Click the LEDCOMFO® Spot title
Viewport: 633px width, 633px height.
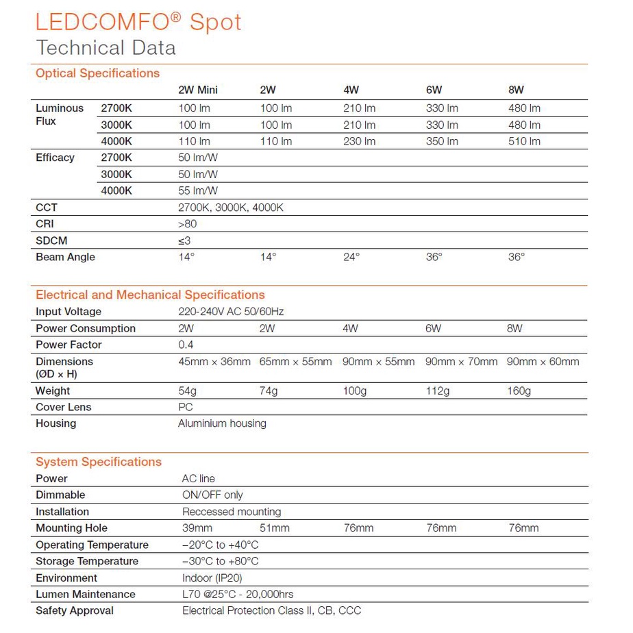tap(138, 22)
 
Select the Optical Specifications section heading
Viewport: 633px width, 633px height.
tap(97, 73)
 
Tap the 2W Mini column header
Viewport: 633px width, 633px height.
tap(198, 90)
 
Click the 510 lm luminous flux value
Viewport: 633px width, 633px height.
tap(524, 141)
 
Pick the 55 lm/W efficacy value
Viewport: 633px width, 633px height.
tap(198, 190)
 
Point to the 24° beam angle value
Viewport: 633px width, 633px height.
tap(351, 257)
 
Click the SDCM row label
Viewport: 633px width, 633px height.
tap(51, 240)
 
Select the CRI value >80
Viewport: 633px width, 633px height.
tap(187, 224)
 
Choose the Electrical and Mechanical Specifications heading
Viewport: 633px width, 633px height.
tap(150, 295)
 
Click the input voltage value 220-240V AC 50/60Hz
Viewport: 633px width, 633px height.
tap(231, 312)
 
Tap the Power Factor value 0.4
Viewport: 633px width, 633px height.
tap(186, 345)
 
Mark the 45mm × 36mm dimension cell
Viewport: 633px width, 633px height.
tap(214, 362)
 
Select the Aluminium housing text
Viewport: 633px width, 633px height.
tap(222, 423)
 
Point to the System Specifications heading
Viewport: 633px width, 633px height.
tap(99, 462)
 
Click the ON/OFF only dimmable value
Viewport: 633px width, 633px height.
tap(212, 495)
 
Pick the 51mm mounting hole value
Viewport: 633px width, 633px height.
tap(275, 527)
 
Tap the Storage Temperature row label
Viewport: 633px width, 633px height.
tap(87, 561)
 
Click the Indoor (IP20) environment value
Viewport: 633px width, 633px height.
tap(212, 578)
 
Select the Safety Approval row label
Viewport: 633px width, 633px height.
tap(75, 610)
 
